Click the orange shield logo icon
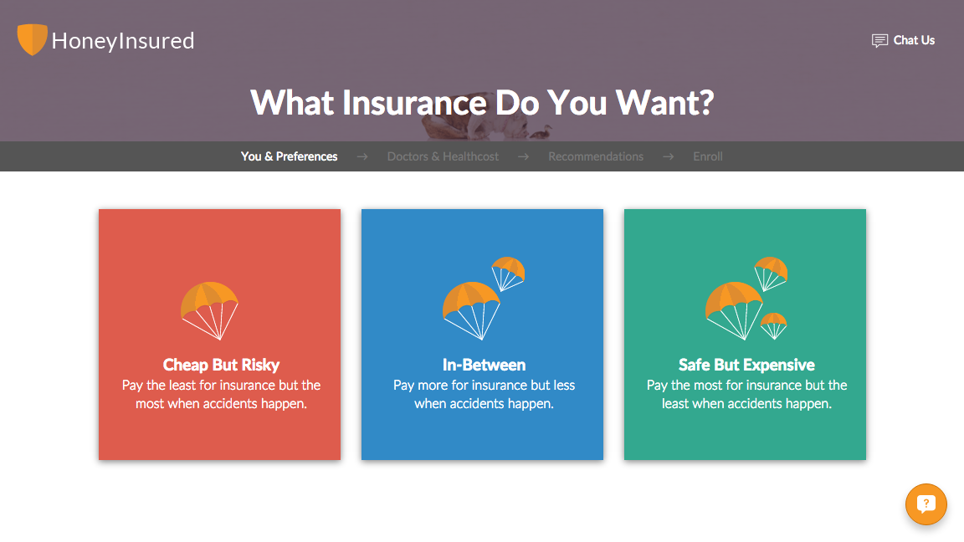coord(32,39)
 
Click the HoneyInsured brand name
coord(123,40)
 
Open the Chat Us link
coord(914,40)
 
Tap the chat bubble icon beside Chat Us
coord(879,41)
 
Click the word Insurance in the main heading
coord(414,103)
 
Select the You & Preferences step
coord(290,156)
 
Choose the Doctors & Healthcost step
coord(443,156)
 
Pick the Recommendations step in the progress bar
coord(596,156)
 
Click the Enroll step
coord(708,156)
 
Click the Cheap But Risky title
coord(221,365)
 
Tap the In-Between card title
coord(484,365)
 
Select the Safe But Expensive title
coord(746,365)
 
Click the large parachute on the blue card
coord(472,308)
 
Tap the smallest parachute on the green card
coord(773,324)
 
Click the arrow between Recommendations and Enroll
coord(668,156)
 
